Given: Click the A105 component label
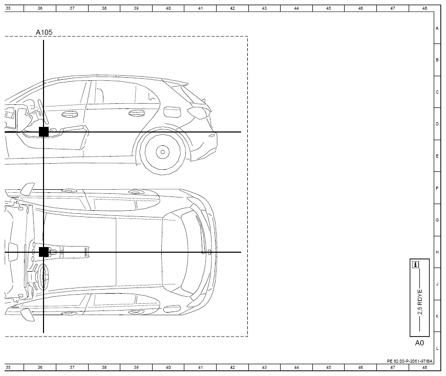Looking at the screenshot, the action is click(44, 32).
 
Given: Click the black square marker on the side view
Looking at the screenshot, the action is click(44, 132).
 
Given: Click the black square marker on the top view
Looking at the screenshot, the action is click(44, 252).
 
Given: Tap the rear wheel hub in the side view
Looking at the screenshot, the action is click(162, 152).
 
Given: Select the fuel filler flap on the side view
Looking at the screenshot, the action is click(172, 112).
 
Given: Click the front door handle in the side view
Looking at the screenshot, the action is click(68, 115).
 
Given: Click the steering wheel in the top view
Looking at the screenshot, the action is click(43, 277).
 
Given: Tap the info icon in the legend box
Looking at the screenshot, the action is click(416, 265).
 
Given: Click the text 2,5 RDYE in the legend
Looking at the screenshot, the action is click(420, 302).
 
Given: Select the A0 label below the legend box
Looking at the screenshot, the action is click(419, 343).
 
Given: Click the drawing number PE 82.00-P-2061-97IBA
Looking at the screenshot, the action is click(410, 361).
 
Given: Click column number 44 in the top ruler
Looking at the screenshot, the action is click(296, 8).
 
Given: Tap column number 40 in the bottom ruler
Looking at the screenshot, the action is click(168, 367).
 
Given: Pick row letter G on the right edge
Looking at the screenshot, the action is click(437, 220).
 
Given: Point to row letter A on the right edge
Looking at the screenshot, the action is click(437, 28).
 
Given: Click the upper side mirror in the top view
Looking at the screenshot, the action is click(27, 189).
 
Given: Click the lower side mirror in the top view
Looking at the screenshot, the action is click(27, 315).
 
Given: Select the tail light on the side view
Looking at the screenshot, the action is click(199, 112).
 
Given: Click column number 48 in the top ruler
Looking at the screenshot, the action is click(424, 8).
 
